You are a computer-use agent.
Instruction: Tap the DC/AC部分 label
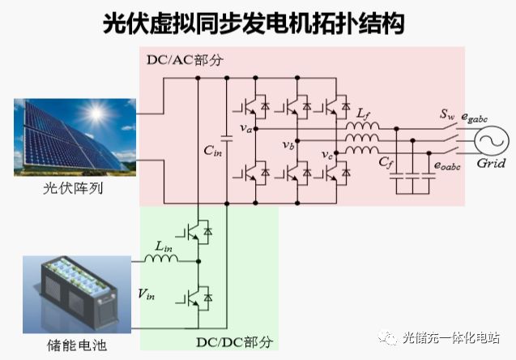(x=185, y=61)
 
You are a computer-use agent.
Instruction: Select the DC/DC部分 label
(x=235, y=342)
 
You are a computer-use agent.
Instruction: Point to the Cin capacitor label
(x=212, y=152)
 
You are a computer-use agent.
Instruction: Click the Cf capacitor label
(x=385, y=161)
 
